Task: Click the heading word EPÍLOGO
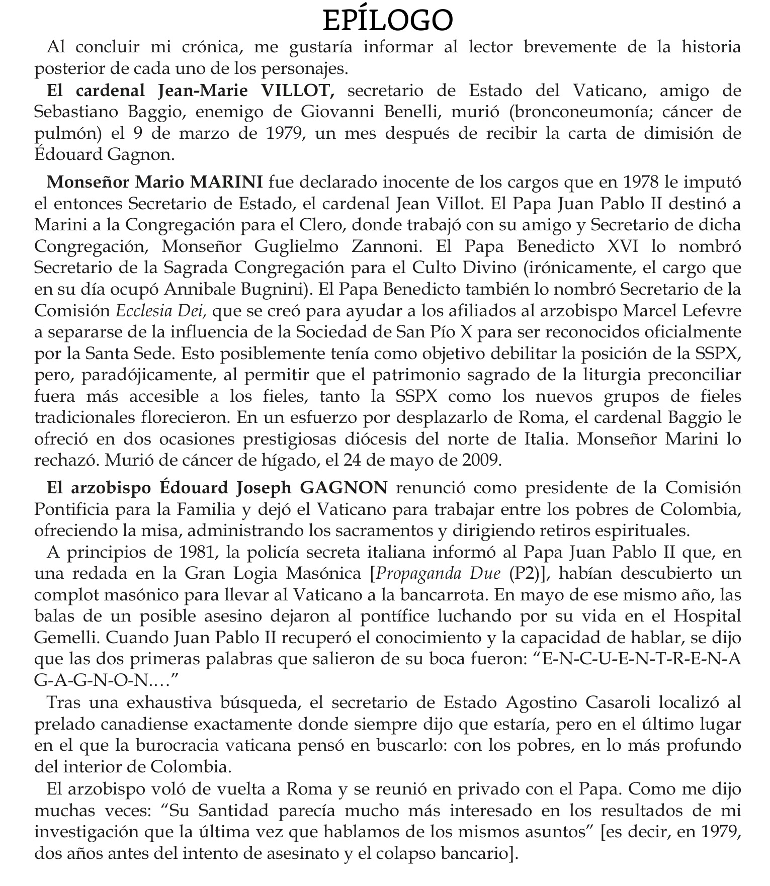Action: (x=387, y=21)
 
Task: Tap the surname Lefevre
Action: (x=710, y=311)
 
